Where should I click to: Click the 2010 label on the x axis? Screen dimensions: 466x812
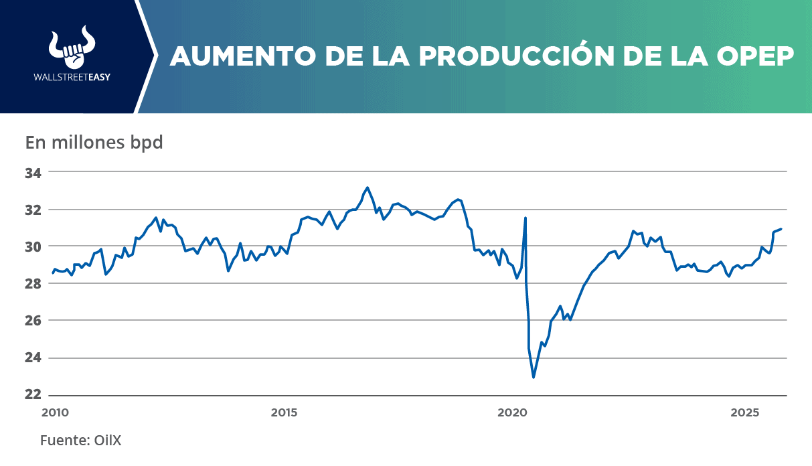click(x=55, y=413)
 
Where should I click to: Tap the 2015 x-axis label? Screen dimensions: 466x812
click(x=285, y=413)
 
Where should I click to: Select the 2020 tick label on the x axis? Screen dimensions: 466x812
click(x=512, y=413)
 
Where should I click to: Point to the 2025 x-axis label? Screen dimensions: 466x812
click(x=744, y=413)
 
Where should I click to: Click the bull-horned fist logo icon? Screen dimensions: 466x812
click(x=72, y=48)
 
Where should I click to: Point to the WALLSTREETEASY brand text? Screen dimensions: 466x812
click(x=72, y=77)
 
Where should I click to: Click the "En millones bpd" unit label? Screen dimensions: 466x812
click(x=94, y=143)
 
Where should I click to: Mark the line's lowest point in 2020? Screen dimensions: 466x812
click(x=534, y=378)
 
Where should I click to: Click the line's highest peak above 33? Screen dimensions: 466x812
click(x=368, y=187)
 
